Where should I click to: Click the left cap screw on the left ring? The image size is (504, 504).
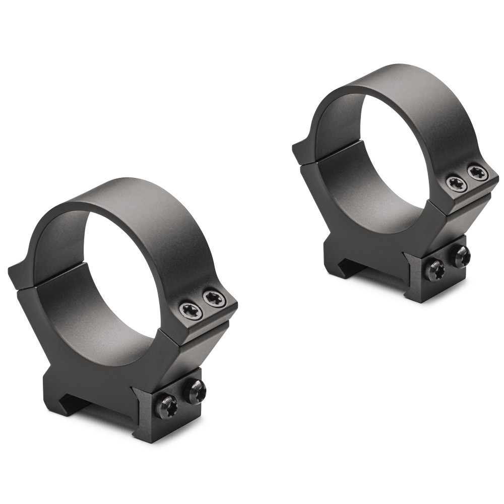tap(191, 310)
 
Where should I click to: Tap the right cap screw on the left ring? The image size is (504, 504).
tap(215, 299)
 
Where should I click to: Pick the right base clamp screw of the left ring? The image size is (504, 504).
tap(195, 391)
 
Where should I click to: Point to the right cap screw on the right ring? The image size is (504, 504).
tap(477, 173)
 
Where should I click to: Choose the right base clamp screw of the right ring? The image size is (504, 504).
tap(461, 256)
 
